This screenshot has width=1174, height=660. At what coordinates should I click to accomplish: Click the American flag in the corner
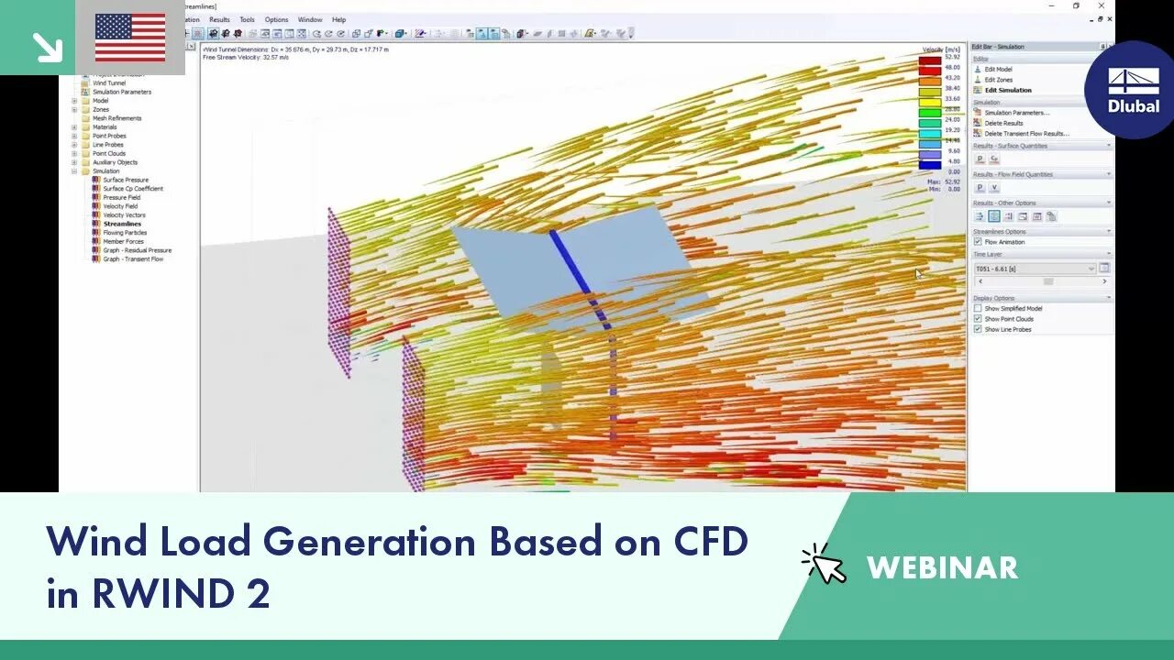[x=130, y=38]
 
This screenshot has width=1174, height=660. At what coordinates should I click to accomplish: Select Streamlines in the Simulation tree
[x=122, y=224]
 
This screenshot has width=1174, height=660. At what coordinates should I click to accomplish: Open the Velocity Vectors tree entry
[x=124, y=215]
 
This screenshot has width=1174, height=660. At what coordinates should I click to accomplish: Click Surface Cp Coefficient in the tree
[x=133, y=189]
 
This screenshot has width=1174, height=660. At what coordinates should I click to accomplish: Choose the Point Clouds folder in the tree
[x=109, y=154]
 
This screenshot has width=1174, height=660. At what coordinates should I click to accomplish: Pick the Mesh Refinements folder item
[x=116, y=118]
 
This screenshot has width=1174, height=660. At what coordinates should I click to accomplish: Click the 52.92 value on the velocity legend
[x=953, y=57]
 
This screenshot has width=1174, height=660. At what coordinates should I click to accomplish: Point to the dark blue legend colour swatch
[x=930, y=166]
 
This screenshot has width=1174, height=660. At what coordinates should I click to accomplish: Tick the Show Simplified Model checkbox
[x=978, y=309]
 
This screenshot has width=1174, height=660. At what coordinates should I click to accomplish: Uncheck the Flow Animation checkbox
[x=978, y=242]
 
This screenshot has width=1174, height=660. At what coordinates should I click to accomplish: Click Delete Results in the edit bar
[x=1003, y=123]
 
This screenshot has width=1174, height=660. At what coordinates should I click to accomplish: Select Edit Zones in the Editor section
[x=998, y=80]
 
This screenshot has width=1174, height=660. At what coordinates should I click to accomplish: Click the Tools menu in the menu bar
[x=247, y=19]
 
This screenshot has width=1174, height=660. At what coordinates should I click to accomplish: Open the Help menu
[x=338, y=19]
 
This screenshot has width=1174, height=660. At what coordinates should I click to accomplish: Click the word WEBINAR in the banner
[x=942, y=567]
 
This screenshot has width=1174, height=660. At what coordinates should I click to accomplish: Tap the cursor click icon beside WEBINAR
[x=824, y=564]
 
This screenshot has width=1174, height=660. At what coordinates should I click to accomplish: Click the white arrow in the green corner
[x=46, y=47]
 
